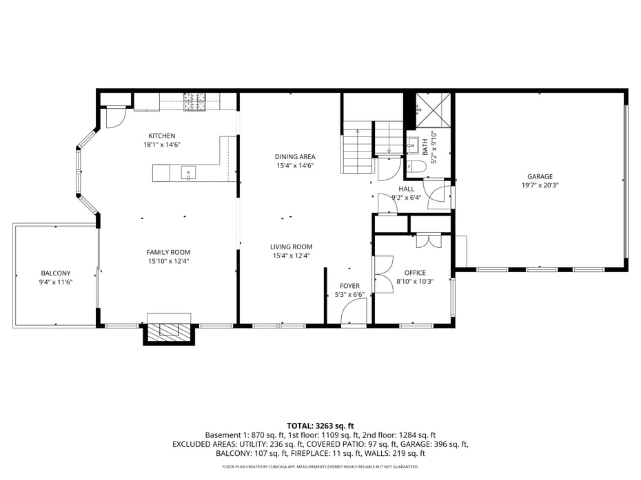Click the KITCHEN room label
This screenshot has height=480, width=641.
(x=162, y=136)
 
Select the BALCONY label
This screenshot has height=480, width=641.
(x=55, y=273)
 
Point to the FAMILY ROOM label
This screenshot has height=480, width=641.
(x=168, y=252)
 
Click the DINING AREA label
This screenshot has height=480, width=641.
(x=295, y=157)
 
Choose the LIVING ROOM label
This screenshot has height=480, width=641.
(x=292, y=247)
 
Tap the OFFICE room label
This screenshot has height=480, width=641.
(x=415, y=273)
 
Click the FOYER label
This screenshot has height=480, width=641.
(x=349, y=286)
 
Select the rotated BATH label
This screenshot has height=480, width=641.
(x=425, y=147)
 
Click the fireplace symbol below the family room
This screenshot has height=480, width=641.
(x=169, y=330)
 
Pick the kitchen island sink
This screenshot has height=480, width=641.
(x=187, y=172)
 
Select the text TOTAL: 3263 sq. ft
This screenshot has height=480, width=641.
(x=320, y=426)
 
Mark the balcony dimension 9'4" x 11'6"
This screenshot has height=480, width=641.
(x=55, y=282)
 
